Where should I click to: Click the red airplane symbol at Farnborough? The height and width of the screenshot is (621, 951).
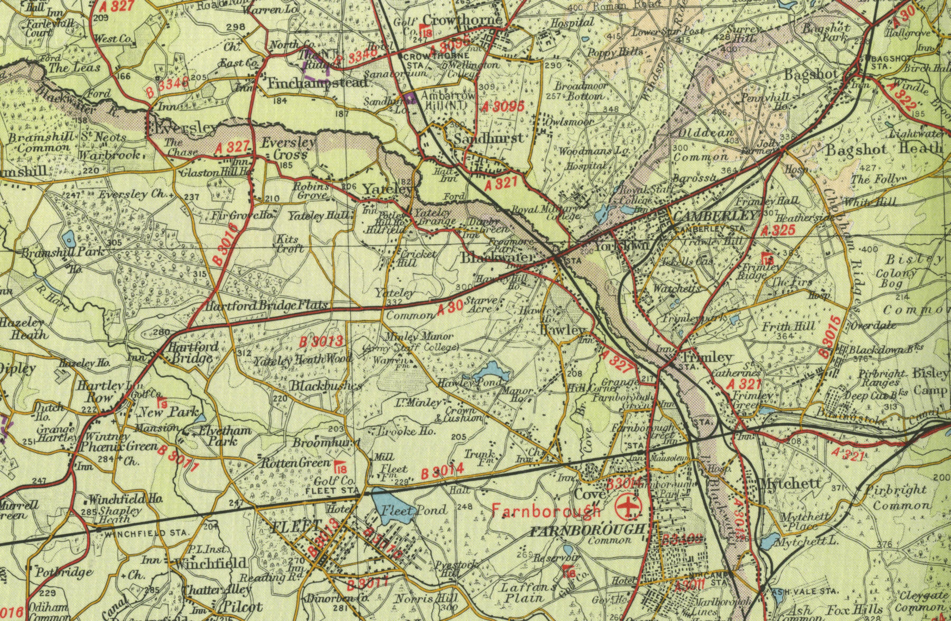[627, 506]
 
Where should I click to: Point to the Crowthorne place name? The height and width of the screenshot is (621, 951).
[462, 20]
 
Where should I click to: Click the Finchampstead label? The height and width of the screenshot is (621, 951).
[317, 84]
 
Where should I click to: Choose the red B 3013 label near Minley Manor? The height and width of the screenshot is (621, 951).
[321, 342]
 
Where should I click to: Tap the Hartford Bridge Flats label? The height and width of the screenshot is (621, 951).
[267, 306]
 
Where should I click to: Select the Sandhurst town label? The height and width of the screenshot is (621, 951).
[489, 139]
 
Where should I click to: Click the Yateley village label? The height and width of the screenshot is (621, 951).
[387, 189]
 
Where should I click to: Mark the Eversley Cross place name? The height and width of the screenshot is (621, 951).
[289, 149]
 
